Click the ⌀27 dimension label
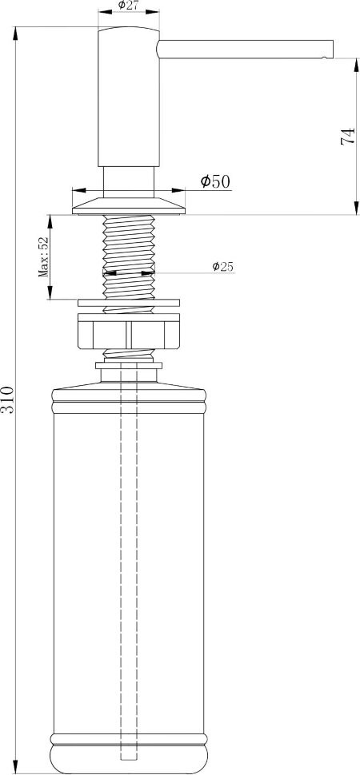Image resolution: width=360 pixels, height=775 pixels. (x=128, y=5)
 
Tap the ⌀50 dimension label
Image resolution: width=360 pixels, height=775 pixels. (x=215, y=181)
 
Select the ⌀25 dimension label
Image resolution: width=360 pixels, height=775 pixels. (x=223, y=267)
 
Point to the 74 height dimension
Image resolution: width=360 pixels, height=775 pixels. (x=348, y=136)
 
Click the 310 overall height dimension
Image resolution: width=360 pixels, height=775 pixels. (x=8, y=399)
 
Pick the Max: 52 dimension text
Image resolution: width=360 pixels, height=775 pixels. (x=44, y=256)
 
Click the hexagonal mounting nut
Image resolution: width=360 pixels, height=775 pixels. (x=129, y=335)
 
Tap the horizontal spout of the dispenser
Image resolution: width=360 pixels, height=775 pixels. (x=245, y=49)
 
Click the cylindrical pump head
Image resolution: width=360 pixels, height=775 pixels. (x=129, y=97)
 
